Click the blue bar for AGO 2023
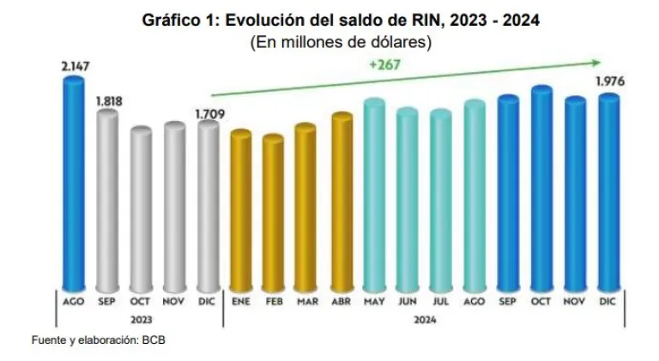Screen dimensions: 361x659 coord(73,184)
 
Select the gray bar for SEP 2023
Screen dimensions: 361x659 coord(107,202)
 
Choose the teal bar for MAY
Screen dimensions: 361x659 coord(375,196)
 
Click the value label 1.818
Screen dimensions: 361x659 coord(109,100)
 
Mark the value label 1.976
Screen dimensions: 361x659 coord(609,82)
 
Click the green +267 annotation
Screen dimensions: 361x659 coord(384,64)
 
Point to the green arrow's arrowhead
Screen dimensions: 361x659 coord(595,62)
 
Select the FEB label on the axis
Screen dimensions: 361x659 coord(274,302)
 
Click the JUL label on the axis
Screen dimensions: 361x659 coord(440,302)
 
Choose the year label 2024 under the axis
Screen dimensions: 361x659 coord(424,319)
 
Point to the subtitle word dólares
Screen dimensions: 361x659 coord(397,40)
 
